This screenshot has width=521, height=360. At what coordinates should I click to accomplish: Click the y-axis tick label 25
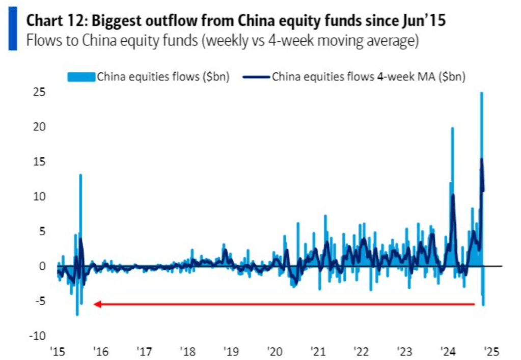39,92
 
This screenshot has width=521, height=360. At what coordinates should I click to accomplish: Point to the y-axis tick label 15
39,161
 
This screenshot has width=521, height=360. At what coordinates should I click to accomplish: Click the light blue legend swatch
81,77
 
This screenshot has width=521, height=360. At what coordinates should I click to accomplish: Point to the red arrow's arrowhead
97,304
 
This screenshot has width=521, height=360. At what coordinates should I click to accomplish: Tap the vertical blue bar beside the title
13,31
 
